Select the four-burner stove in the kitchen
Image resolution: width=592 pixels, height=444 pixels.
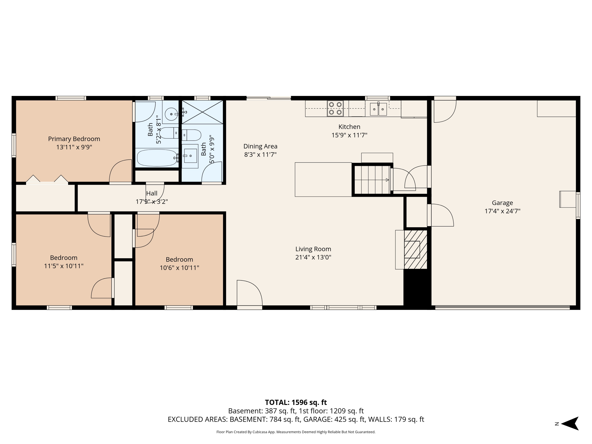(335, 108)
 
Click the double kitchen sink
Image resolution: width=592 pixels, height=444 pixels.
(378, 109)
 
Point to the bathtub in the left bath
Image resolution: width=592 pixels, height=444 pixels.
(157, 158)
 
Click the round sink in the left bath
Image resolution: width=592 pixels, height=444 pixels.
(171, 114)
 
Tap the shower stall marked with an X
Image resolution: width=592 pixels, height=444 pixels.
(202, 112)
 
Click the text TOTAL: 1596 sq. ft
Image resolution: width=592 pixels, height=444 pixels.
(296, 402)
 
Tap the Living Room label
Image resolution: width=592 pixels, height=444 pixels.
(313, 249)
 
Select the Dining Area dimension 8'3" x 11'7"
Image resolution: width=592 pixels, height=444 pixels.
(260, 155)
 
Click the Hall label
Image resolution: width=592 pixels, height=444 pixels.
(152, 193)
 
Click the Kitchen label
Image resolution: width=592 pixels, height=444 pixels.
(349, 127)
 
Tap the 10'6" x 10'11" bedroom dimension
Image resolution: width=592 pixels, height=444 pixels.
(179, 268)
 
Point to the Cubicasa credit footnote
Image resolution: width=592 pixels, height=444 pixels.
(296, 432)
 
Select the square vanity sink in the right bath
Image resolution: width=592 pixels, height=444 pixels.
(190, 156)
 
